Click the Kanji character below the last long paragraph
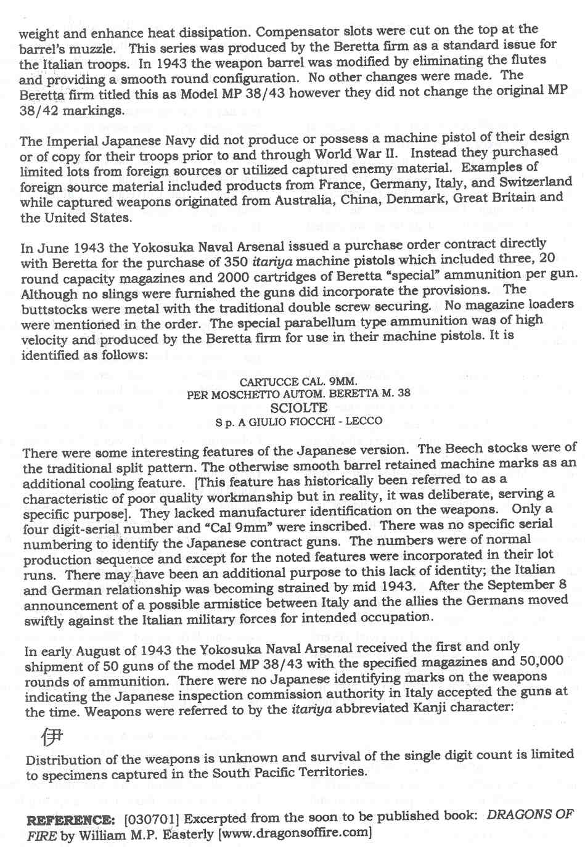click(51, 735)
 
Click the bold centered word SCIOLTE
click(298, 407)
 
